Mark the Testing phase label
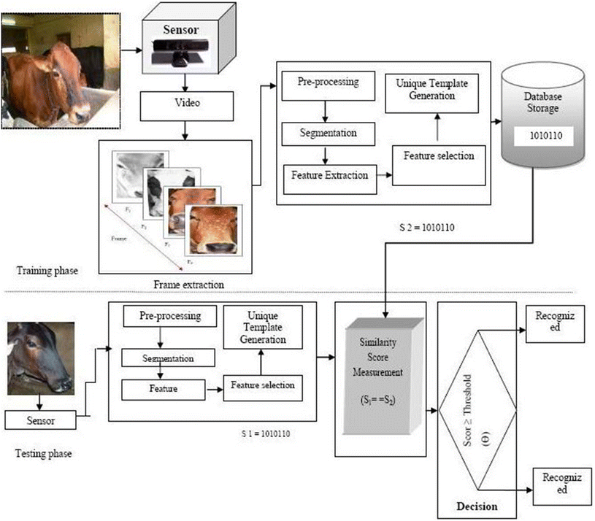(x=42, y=453)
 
